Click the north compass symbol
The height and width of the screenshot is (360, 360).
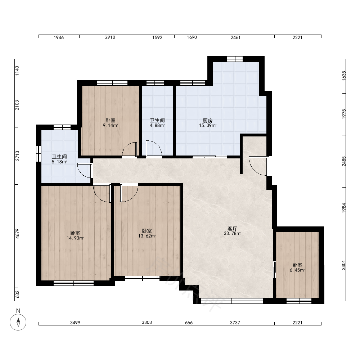[18, 322]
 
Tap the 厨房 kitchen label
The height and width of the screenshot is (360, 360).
[208, 121]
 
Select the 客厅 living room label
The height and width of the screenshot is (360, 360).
[232, 229]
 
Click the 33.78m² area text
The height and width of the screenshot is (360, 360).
[232, 234]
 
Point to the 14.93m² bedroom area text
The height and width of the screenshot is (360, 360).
[75, 238]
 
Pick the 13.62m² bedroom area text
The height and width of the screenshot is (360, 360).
[147, 236]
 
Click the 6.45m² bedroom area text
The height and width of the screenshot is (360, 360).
[297, 270]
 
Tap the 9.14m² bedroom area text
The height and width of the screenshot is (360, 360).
[110, 126]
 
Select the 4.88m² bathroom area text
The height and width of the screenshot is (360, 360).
[157, 126]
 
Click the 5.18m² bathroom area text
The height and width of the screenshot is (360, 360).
[59, 162]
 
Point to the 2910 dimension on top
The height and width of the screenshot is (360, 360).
[110, 37]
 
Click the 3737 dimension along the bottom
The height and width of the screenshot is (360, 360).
[235, 323]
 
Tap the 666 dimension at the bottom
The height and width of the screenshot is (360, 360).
[189, 323]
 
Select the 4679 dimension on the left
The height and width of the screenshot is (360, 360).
[17, 234]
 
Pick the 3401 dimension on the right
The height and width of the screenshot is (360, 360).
[344, 265]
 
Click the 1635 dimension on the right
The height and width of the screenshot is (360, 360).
[344, 76]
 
